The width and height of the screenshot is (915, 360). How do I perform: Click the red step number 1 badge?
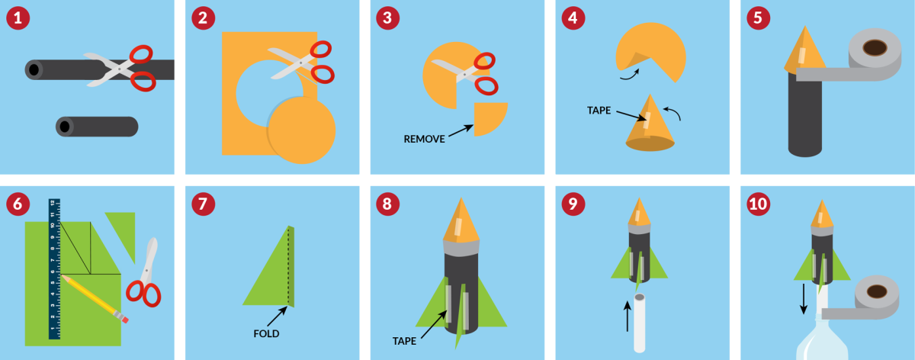click(18, 18)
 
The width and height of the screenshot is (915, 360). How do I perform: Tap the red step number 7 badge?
click(203, 204)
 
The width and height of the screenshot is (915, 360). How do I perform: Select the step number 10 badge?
click(759, 204)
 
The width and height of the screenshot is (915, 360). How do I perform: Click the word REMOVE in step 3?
click(424, 140)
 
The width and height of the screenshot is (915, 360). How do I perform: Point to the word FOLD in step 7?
click(266, 334)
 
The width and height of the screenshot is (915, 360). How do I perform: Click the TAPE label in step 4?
click(599, 111)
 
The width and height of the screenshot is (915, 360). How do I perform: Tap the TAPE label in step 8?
click(404, 341)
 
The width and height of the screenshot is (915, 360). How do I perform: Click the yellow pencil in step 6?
click(95, 299)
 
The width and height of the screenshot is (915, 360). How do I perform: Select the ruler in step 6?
click(54, 269)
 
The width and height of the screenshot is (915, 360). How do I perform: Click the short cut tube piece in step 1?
click(97, 127)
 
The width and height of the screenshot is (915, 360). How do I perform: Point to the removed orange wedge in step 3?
click(490, 118)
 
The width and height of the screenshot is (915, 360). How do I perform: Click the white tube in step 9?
click(639, 323)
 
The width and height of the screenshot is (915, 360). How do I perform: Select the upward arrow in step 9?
click(628, 317)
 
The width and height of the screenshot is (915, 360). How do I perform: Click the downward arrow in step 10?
click(804, 299)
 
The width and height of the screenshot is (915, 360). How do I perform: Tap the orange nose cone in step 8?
click(461, 220)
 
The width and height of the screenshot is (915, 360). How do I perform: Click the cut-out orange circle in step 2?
click(301, 130)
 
